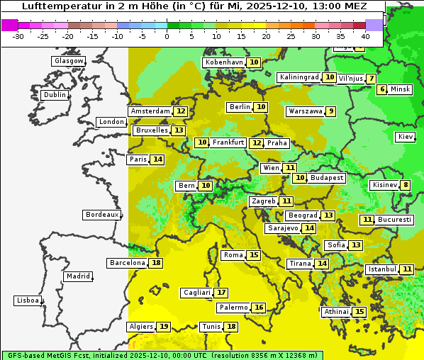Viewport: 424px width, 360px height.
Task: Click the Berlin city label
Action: click(x=240, y=107)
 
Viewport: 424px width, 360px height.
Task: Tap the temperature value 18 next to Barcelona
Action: click(x=156, y=263)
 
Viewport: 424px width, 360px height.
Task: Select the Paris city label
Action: click(x=138, y=159)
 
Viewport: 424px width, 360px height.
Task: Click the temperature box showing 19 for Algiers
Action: click(x=164, y=327)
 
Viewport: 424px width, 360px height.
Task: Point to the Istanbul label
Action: click(x=381, y=269)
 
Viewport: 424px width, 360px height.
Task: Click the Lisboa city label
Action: click(x=27, y=300)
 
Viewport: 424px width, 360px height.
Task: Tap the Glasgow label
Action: click(x=68, y=61)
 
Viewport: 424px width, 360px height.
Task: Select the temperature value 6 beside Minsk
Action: click(x=382, y=89)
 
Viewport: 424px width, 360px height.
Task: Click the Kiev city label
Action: click(x=406, y=137)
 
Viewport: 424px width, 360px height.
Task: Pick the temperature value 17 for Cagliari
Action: click(x=222, y=293)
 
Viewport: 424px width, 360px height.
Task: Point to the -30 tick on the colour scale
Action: click(x=18, y=36)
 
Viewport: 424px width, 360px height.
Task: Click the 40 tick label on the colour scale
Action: click(x=365, y=36)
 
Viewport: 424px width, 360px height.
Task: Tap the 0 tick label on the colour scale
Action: click(x=167, y=36)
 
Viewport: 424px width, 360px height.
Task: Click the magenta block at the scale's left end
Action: click(x=9, y=25)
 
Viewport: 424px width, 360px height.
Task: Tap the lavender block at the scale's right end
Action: click(x=374, y=25)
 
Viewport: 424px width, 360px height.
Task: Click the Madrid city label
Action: click(x=77, y=276)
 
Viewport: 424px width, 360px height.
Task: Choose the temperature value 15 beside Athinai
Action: click(x=359, y=312)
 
